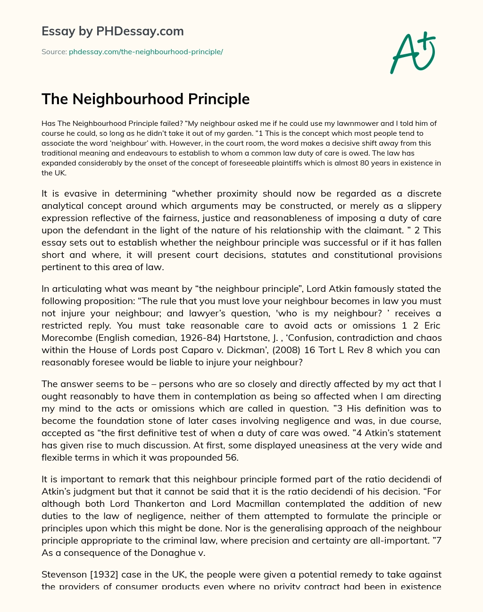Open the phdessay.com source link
click(146, 52)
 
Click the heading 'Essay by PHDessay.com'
click(113, 32)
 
